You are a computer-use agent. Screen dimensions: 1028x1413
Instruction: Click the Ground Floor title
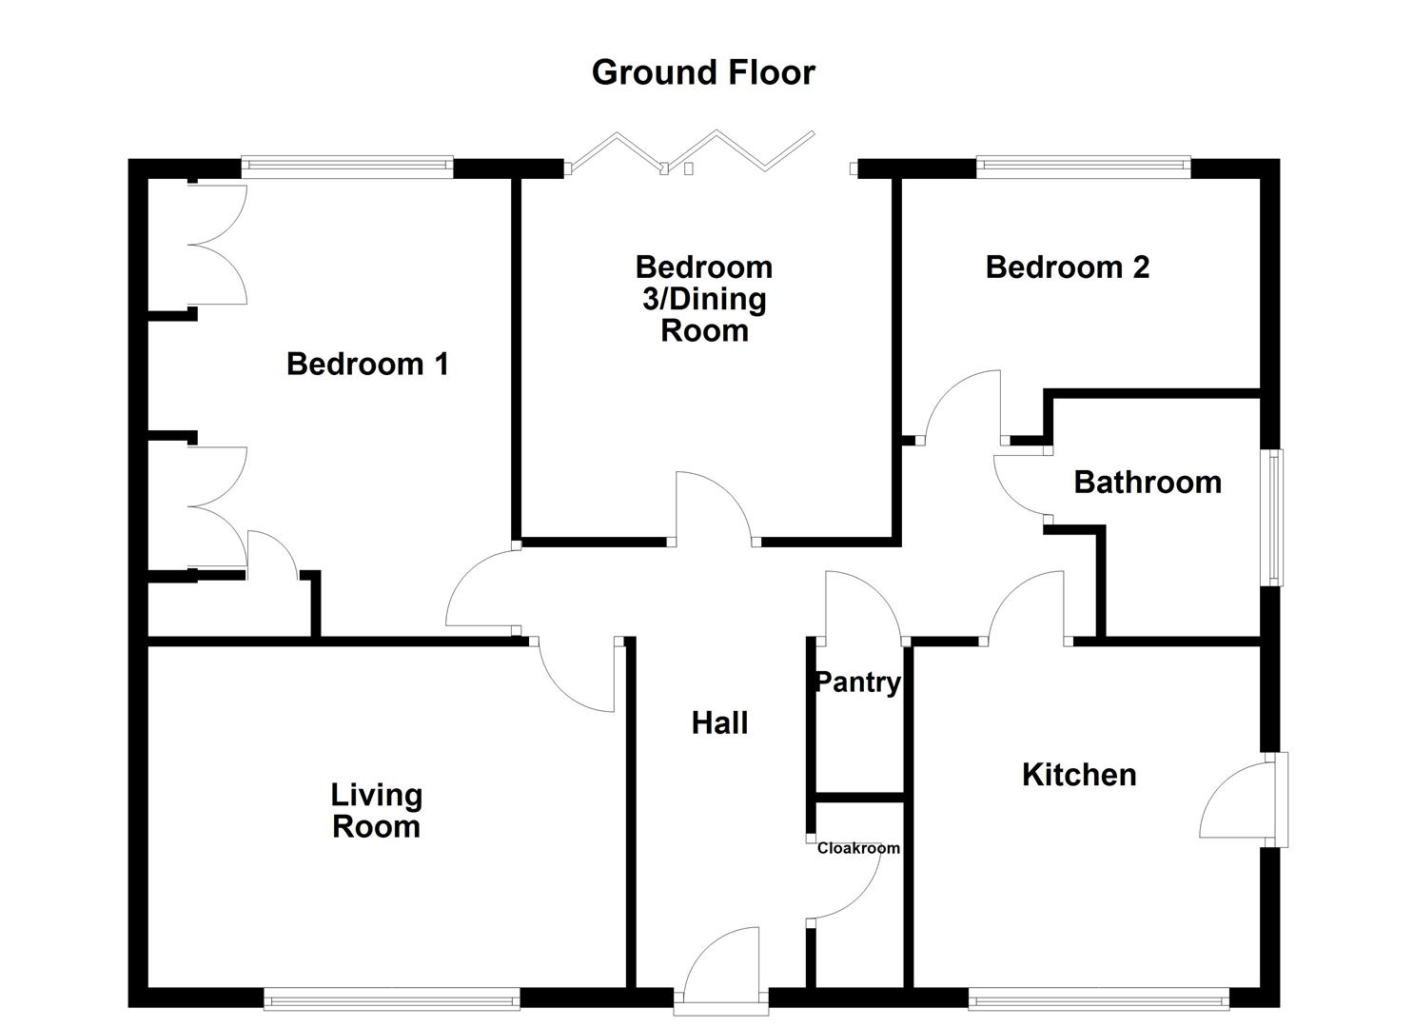pyautogui.click(x=703, y=72)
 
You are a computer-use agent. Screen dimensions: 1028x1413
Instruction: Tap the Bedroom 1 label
pyautogui.click(x=367, y=364)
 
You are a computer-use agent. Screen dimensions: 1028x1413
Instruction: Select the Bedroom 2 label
pyautogui.click(x=1067, y=267)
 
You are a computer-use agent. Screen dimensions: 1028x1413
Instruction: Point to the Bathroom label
pyautogui.click(x=1148, y=483)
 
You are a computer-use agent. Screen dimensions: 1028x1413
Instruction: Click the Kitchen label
pyautogui.click(x=1079, y=775)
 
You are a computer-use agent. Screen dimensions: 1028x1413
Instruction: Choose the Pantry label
pyautogui.click(x=858, y=682)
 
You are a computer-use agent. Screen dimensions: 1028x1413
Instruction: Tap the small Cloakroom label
pyautogui.click(x=858, y=848)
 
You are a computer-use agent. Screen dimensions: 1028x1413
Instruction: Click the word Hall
pyautogui.click(x=719, y=723)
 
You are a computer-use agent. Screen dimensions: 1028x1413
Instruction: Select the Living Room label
pyautogui.click(x=376, y=811)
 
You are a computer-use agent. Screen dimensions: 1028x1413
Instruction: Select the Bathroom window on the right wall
pyautogui.click(x=1272, y=516)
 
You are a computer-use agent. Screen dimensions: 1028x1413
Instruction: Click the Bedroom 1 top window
pyautogui.click(x=346, y=168)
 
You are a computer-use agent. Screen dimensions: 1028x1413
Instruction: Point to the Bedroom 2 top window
pyautogui.click(x=1083, y=168)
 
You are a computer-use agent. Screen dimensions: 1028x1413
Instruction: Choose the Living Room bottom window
pyautogui.click(x=392, y=998)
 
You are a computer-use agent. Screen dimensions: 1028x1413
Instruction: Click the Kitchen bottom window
pyautogui.click(x=1098, y=998)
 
